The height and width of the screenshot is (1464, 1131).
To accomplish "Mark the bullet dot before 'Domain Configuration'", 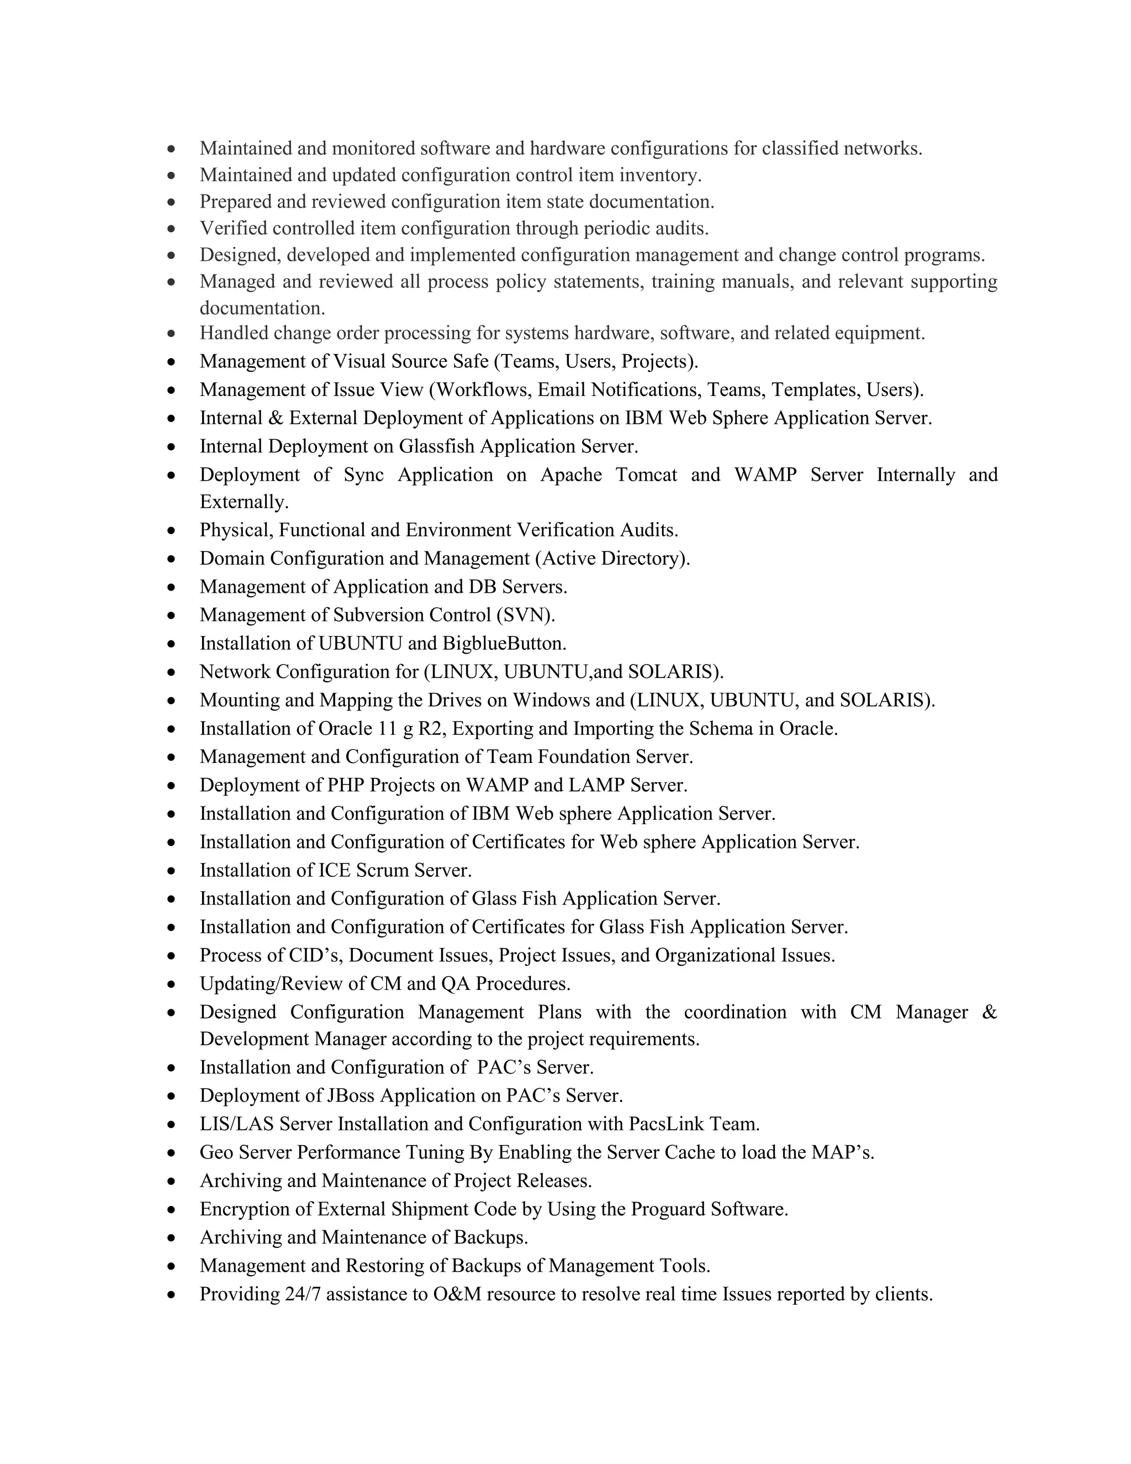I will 172,559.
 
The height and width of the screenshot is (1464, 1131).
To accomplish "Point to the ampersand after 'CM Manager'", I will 989,1012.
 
